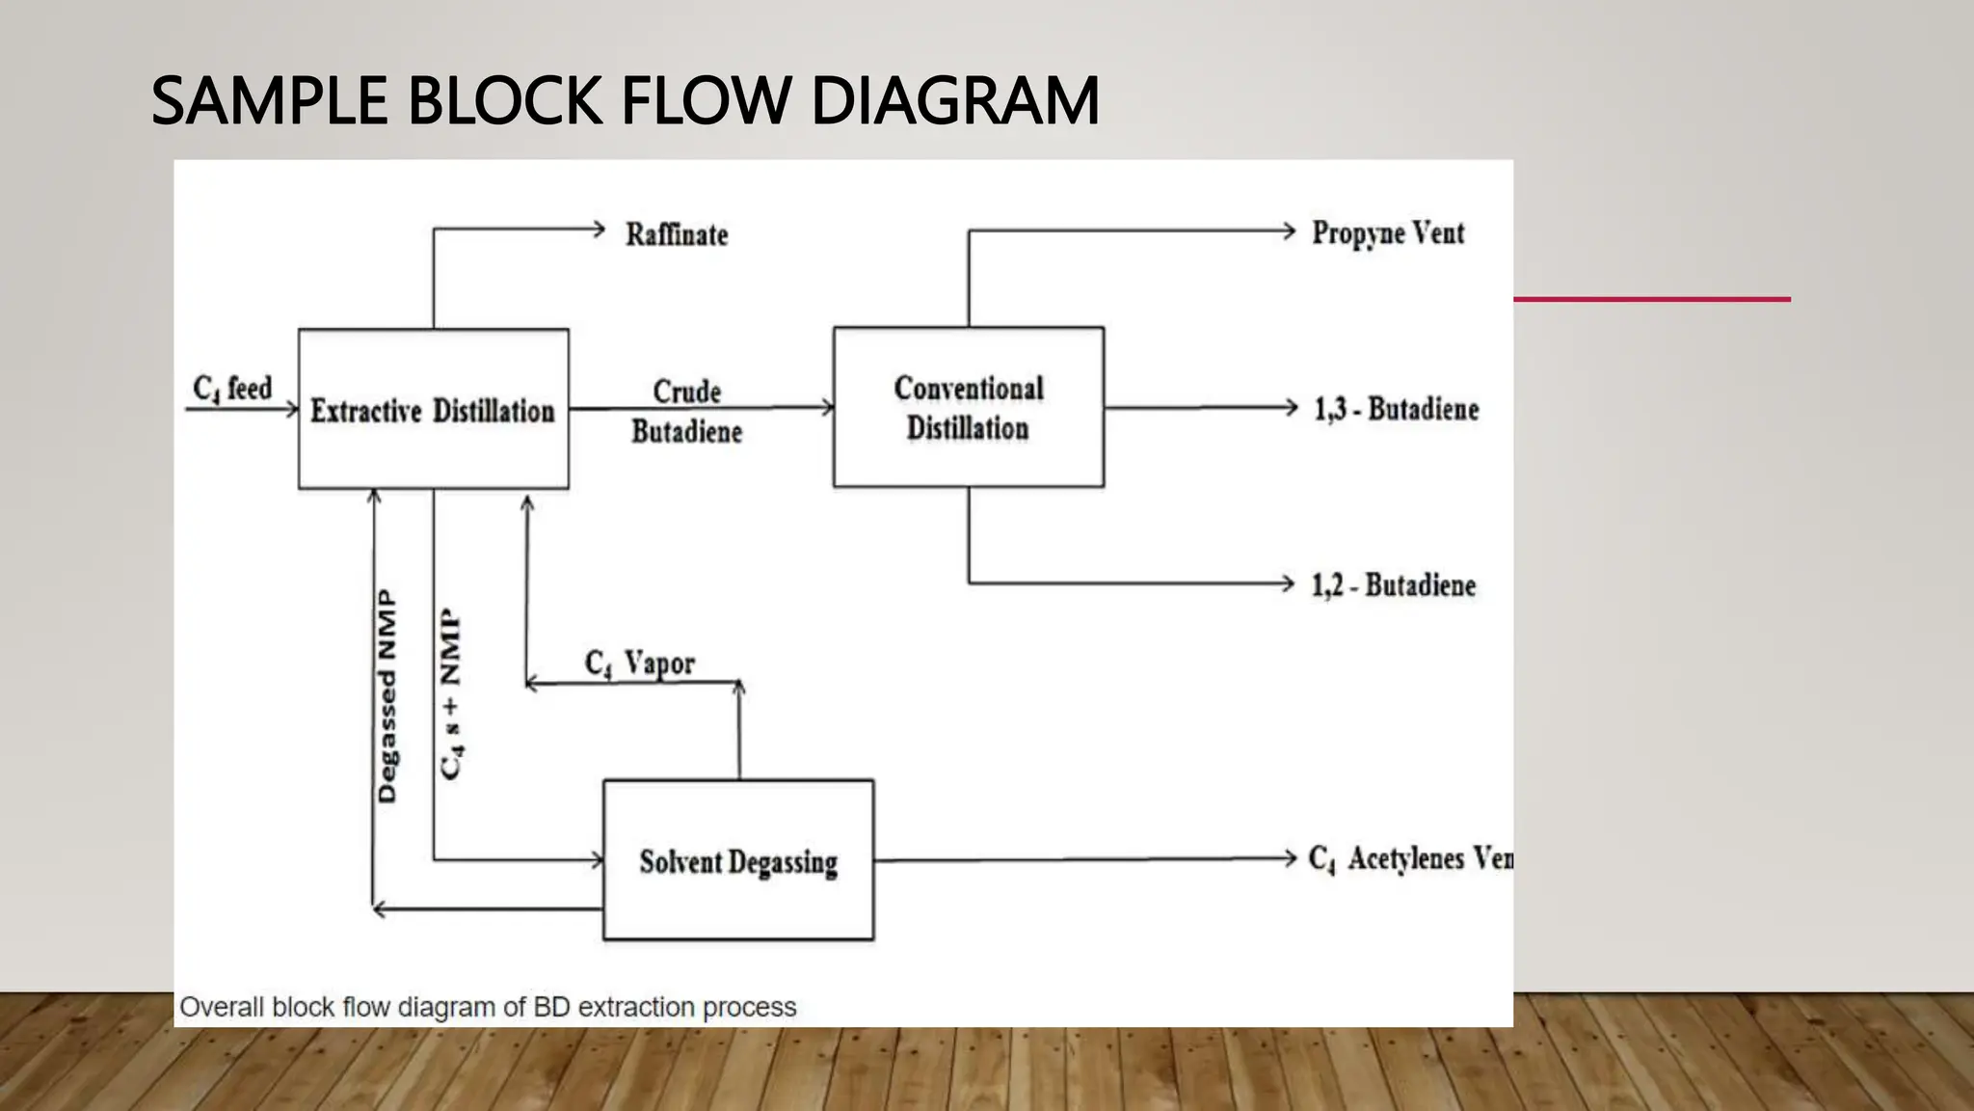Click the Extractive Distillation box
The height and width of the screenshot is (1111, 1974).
point(433,409)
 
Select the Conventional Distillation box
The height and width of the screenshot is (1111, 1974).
point(968,407)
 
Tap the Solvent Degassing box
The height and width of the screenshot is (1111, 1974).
point(738,860)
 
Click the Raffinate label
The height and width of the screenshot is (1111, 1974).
point(677,234)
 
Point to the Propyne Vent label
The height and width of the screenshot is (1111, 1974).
point(1387,233)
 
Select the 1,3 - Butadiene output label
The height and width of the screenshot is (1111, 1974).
point(1396,409)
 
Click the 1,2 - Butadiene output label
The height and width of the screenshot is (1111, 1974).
point(1393,585)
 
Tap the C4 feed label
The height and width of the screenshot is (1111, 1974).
point(232,389)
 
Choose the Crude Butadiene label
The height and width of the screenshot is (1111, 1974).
point(686,412)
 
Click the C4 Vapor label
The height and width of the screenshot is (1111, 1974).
point(639,664)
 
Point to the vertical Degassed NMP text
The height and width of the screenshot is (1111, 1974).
point(387,696)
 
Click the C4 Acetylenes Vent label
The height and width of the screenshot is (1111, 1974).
point(1409,858)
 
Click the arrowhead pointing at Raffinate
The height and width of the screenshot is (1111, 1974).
point(599,230)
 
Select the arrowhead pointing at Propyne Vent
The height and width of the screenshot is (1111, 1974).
point(1289,230)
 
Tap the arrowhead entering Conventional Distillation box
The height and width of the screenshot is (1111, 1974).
point(827,407)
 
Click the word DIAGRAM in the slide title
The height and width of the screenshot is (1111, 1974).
point(954,101)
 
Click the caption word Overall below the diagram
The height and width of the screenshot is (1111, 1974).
point(222,1007)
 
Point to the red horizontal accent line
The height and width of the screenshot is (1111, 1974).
point(1651,300)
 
